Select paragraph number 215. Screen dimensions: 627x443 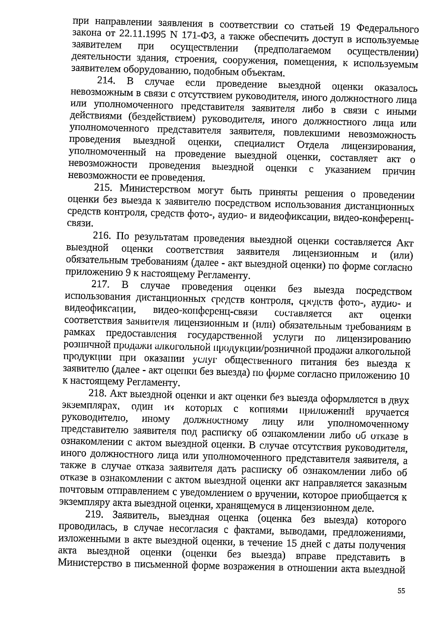(104, 188)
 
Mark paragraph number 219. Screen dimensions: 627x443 (95, 514)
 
